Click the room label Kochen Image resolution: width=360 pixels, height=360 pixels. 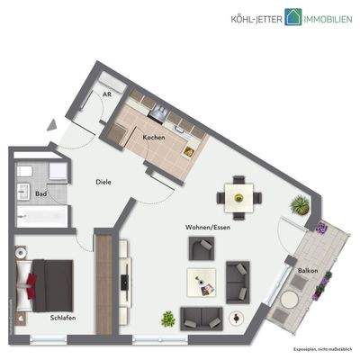pos(154,136)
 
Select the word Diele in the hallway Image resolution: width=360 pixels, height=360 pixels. pos(104,182)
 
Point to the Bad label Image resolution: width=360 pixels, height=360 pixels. pos(40,193)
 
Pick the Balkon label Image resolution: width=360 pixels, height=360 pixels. pos(297,270)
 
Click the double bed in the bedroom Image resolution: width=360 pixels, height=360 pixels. pos(50,279)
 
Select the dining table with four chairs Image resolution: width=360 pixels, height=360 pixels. pos(238,194)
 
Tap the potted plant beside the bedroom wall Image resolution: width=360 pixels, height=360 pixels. pos(168,317)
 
